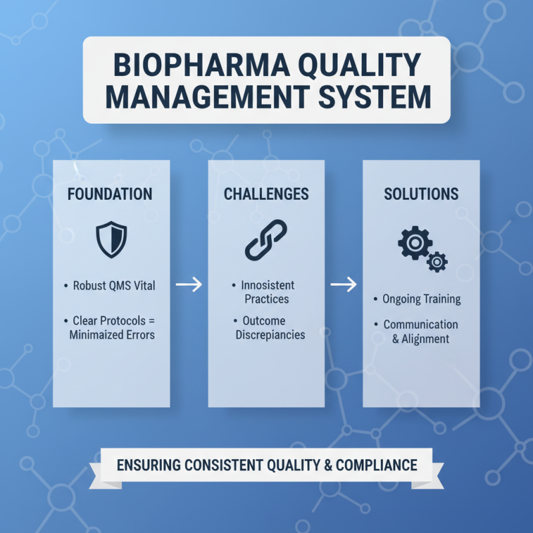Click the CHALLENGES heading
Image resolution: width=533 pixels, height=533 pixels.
point(266,195)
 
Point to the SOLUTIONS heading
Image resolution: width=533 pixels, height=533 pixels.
point(421,195)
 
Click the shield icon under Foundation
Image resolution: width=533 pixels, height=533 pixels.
point(111,241)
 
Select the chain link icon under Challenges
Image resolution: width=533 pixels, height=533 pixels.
point(266,240)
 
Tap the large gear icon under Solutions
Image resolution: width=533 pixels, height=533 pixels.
point(414,243)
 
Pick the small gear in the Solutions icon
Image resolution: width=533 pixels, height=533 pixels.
point(437,261)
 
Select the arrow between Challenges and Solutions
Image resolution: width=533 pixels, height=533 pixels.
point(343,285)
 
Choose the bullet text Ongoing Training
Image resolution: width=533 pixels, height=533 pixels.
point(421,299)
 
